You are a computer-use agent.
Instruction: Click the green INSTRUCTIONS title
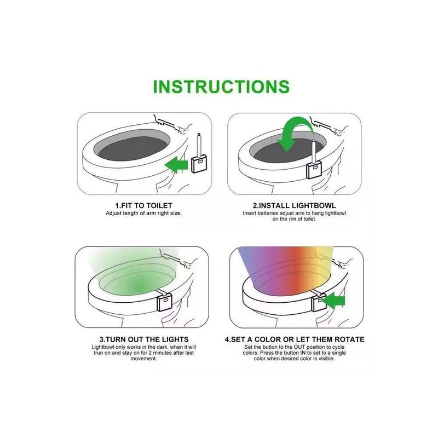tap(221, 87)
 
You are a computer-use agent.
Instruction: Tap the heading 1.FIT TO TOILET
tap(143, 206)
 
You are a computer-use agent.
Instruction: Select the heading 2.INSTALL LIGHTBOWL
tap(295, 206)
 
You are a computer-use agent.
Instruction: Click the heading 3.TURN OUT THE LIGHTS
tap(144, 339)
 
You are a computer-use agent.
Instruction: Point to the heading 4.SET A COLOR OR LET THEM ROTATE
tap(295, 339)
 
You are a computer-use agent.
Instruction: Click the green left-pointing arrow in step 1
tap(176, 165)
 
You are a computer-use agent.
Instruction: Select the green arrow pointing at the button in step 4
tap(334, 301)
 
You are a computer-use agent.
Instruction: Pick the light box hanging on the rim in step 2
tap(314, 170)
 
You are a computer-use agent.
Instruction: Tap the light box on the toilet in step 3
tap(165, 303)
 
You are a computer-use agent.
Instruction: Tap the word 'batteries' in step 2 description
tap(269, 214)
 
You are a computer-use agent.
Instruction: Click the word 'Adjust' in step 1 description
tap(113, 214)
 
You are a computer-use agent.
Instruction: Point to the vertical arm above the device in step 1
tap(199, 145)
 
